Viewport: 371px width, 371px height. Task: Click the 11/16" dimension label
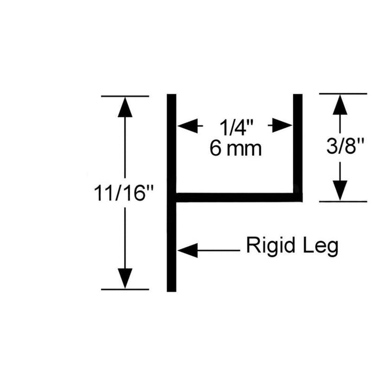tap(123, 193)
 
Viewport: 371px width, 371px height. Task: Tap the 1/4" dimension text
tap(236, 128)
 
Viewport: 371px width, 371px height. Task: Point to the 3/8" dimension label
tap(345, 146)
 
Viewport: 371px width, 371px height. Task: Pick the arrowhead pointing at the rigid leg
tap(188, 250)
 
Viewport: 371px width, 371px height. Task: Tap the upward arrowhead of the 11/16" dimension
tap(125, 107)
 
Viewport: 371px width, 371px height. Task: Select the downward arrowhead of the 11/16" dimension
tap(125, 278)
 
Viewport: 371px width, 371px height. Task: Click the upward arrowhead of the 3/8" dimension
tap(340, 105)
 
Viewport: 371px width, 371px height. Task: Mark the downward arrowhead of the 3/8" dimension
tap(340, 190)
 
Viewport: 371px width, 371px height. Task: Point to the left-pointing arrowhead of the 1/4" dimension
tap(188, 126)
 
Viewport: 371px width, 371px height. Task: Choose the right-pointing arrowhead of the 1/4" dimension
tap(282, 126)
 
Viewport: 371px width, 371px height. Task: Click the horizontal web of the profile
tap(239, 198)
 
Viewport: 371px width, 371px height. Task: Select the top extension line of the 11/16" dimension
tap(125, 96)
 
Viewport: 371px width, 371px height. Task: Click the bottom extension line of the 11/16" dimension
tap(125, 289)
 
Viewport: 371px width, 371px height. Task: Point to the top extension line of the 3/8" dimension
tap(343, 94)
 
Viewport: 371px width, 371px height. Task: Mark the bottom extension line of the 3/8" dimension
tap(343, 201)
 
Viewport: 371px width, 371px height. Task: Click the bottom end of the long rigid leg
tap(172, 291)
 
